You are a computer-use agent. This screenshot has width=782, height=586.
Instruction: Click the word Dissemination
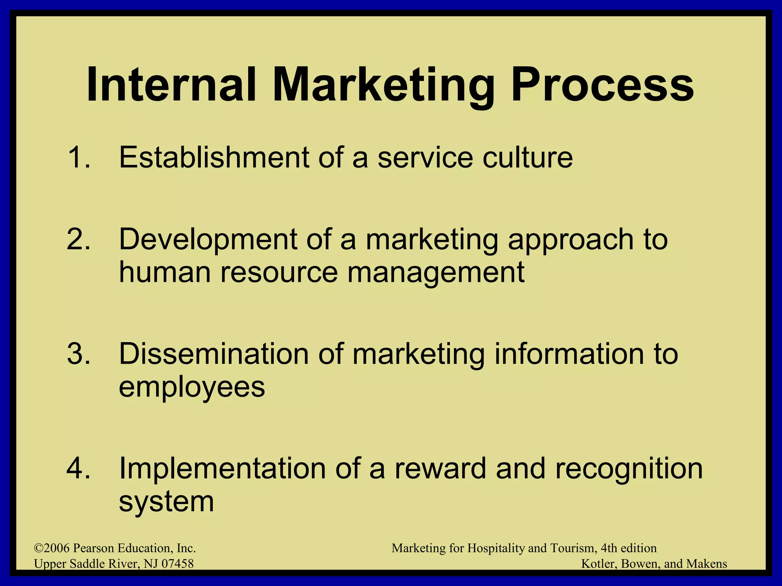pyautogui.click(x=214, y=354)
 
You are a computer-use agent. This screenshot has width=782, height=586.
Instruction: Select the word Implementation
pyautogui.click(x=222, y=469)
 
